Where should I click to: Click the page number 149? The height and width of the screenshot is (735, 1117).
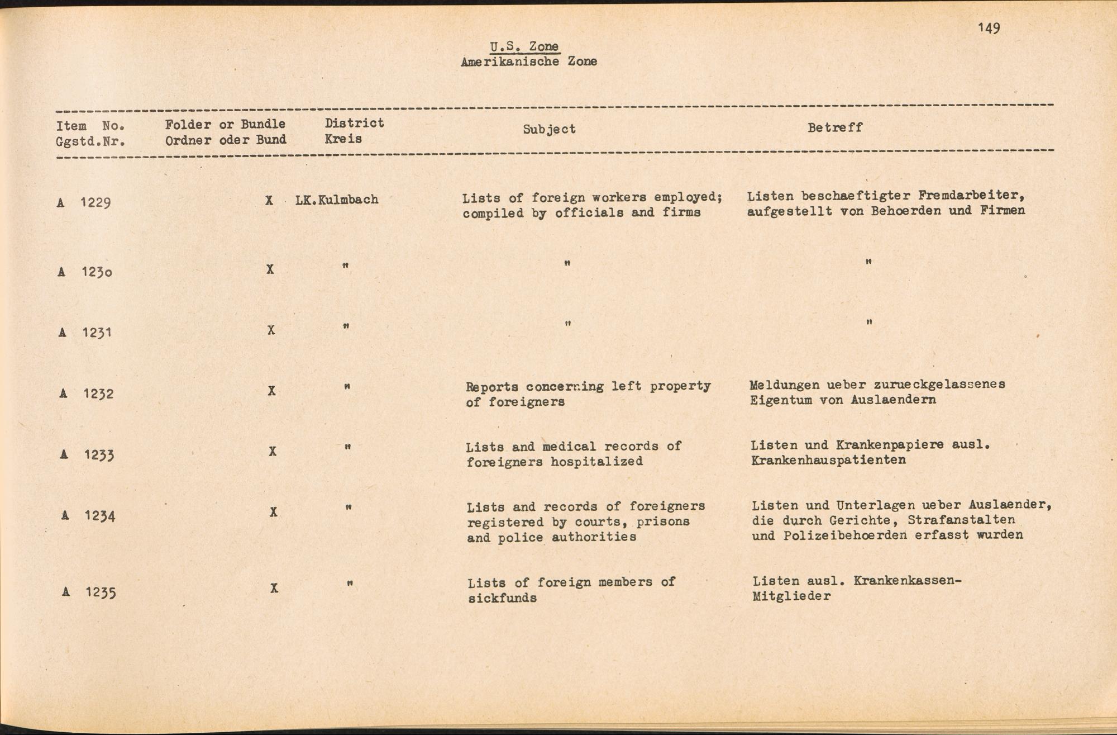point(989,28)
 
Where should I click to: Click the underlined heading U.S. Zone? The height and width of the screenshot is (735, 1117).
point(524,46)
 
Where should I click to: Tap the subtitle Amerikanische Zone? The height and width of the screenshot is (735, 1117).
point(528,61)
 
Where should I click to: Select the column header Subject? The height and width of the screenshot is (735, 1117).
point(549,129)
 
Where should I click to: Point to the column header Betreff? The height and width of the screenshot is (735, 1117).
point(834,127)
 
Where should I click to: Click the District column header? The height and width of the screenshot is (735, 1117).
point(354,123)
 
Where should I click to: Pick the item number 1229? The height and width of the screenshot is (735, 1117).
point(95,202)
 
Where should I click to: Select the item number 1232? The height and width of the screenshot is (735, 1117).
point(98,393)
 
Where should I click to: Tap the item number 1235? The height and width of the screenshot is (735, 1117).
point(101,592)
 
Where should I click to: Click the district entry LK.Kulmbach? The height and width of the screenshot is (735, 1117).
point(337,200)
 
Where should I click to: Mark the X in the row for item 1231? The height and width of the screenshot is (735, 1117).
point(271,330)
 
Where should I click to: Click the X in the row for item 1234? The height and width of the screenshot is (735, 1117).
point(273,512)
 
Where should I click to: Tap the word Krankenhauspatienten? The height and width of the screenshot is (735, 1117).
point(828,460)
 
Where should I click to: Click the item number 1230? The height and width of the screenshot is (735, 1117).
point(97,272)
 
